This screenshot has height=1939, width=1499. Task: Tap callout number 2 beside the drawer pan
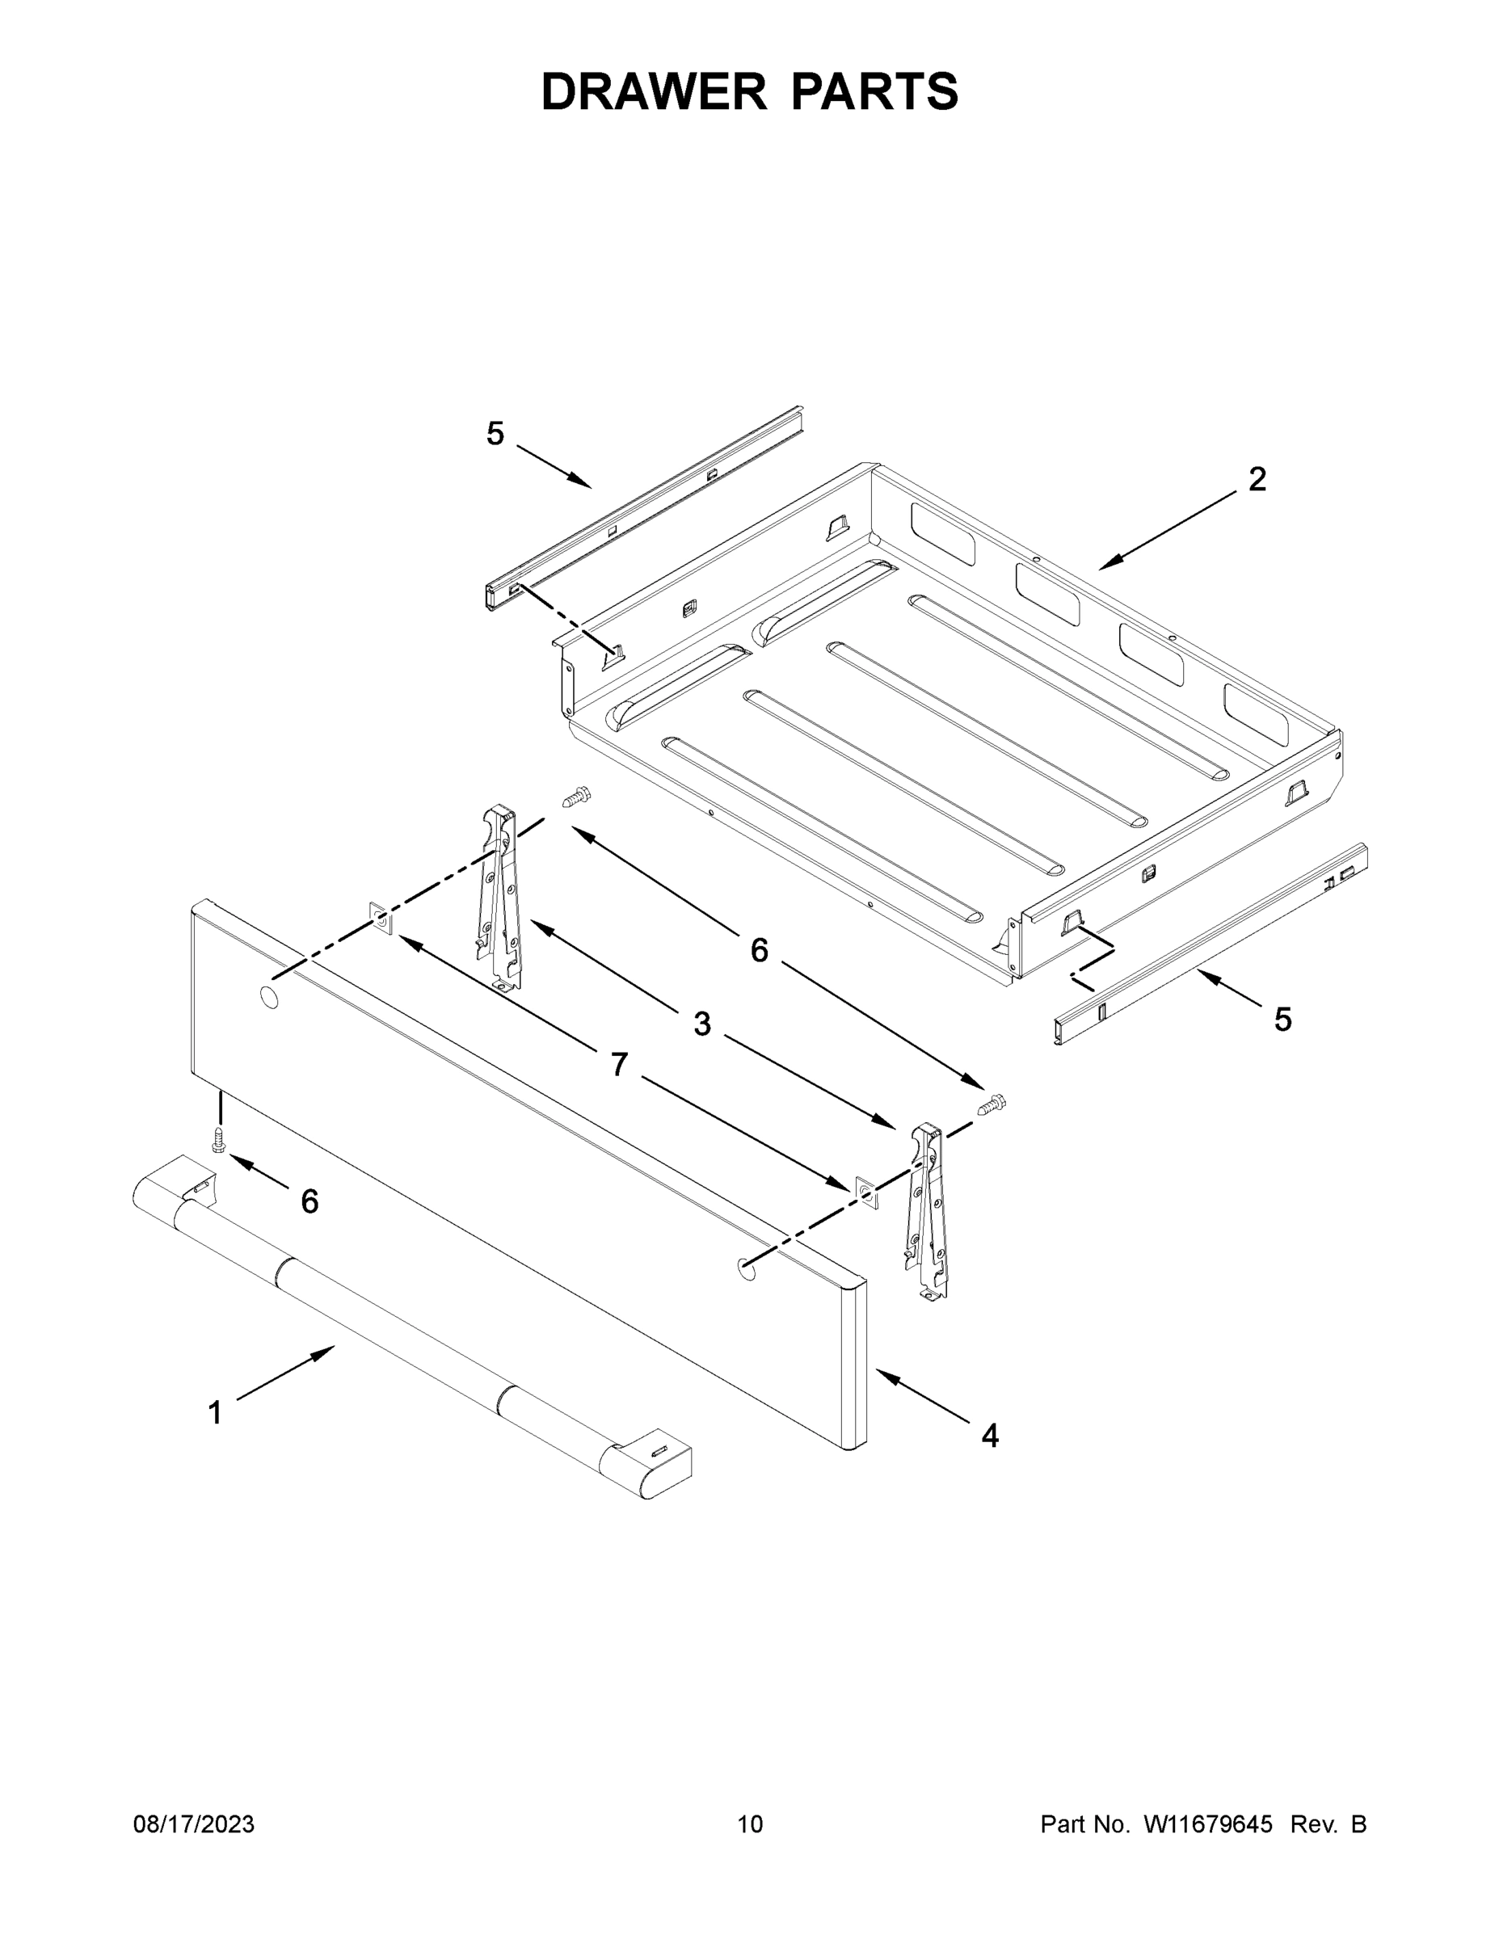1257,481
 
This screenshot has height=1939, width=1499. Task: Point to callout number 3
701,1024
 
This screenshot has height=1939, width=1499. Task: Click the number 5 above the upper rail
495,434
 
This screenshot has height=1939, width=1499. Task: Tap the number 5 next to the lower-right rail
1282,1020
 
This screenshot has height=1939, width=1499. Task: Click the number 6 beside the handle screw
309,1202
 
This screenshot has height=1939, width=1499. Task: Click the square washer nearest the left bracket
380,919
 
